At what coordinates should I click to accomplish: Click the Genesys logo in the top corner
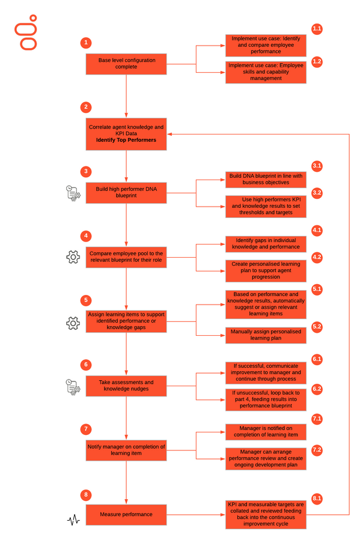point(26,32)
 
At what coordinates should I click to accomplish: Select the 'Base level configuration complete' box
point(126,64)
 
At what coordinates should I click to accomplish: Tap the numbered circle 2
point(86,107)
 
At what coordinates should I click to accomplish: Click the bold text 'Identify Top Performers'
point(126,140)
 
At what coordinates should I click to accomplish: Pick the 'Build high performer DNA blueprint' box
point(126,193)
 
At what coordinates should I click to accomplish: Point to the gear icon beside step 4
point(73,257)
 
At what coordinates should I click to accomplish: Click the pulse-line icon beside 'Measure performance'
point(73,520)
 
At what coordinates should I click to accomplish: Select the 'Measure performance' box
point(126,515)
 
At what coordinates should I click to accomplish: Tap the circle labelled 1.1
point(317,29)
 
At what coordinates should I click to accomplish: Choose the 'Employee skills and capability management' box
point(266,72)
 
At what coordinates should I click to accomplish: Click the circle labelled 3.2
point(317,193)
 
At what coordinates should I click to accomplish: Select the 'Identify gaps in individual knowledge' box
point(266,244)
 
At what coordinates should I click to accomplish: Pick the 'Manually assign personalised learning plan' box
point(266,335)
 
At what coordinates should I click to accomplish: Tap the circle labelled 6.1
point(317,359)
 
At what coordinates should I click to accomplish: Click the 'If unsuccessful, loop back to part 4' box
point(266,399)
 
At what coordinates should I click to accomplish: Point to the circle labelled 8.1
point(317,499)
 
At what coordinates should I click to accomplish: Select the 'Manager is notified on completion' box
point(266,432)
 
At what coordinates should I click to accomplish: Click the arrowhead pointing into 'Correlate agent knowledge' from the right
point(169,135)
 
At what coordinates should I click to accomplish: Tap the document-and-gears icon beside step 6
point(73,387)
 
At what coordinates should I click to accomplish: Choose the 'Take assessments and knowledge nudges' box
point(126,386)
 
